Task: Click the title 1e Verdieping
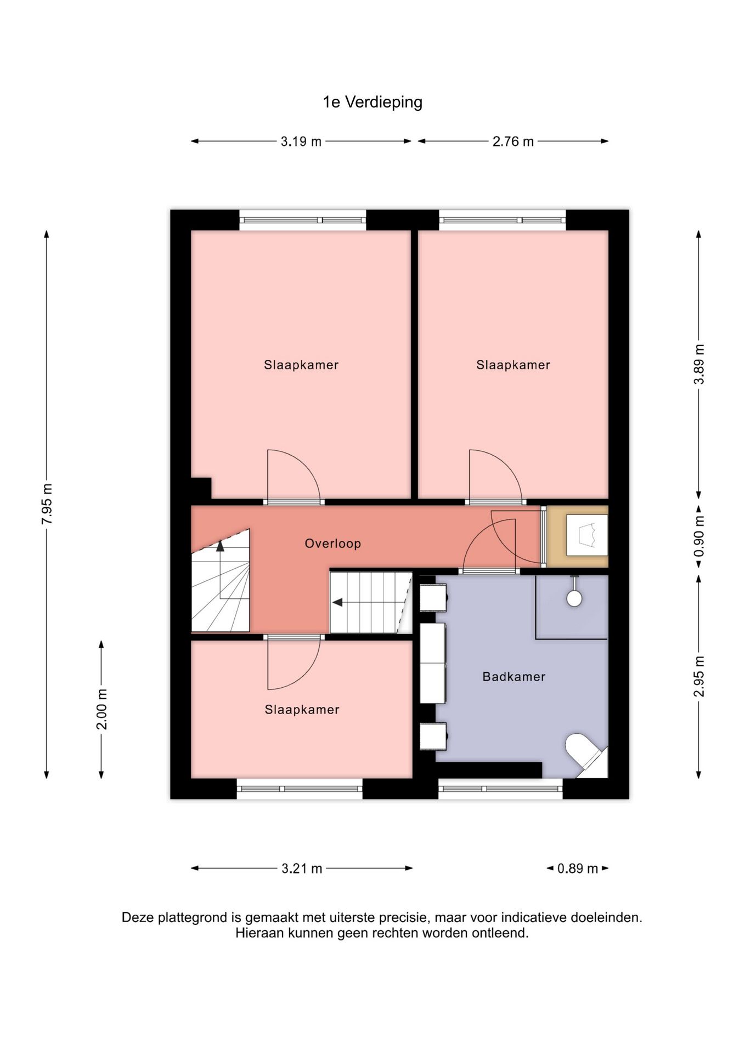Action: click(x=373, y=103)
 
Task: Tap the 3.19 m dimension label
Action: click(x=301, y=141)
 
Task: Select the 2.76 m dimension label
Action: click(x=512, y=141)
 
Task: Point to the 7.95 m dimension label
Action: click(x=47, y=503)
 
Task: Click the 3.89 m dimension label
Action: click(x=699, y=364)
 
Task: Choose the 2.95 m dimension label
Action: click(x=699, y=676)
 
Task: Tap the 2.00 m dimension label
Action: click(x=102, y=709)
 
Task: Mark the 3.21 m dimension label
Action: click(x=302, y=868)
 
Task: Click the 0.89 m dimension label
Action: click(x=577, y=868)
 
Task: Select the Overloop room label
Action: click(x=332, y=544)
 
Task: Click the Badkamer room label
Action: click(x=513, y=677)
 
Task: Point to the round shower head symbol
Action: click(x=574, y=598)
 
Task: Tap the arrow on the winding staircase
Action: click(x=220, y=546)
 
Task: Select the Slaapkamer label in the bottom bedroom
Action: click(x=302, y=710)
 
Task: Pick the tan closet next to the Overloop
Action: click(x=578, y=536)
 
